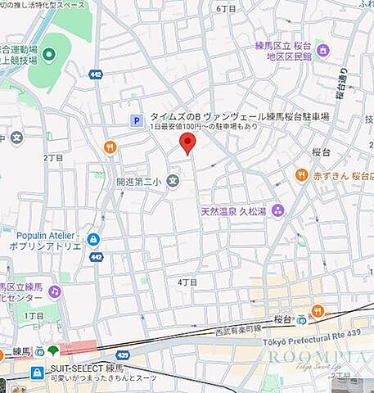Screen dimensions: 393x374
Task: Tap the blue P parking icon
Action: click(x=137, y=120)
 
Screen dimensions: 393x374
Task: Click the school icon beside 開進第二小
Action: click(x=173, y=181)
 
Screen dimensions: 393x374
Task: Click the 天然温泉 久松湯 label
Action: click(x=233, y=211)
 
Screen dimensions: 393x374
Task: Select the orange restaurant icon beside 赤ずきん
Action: click(x=302, y=174)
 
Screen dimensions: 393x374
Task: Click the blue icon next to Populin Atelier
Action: click(x=93, y=239)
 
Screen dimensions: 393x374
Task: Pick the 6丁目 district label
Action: click(x=226, y=7)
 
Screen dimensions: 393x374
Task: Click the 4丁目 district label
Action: click(x=188, y=282)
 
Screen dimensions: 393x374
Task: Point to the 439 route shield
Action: click(x=123, y=355)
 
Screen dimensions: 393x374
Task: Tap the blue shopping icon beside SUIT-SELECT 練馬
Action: click(x=36, y=373)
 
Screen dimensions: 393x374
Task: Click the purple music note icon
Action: click(x=55, y=291)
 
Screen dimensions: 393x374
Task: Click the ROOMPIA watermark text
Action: click(x=316, y=358)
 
